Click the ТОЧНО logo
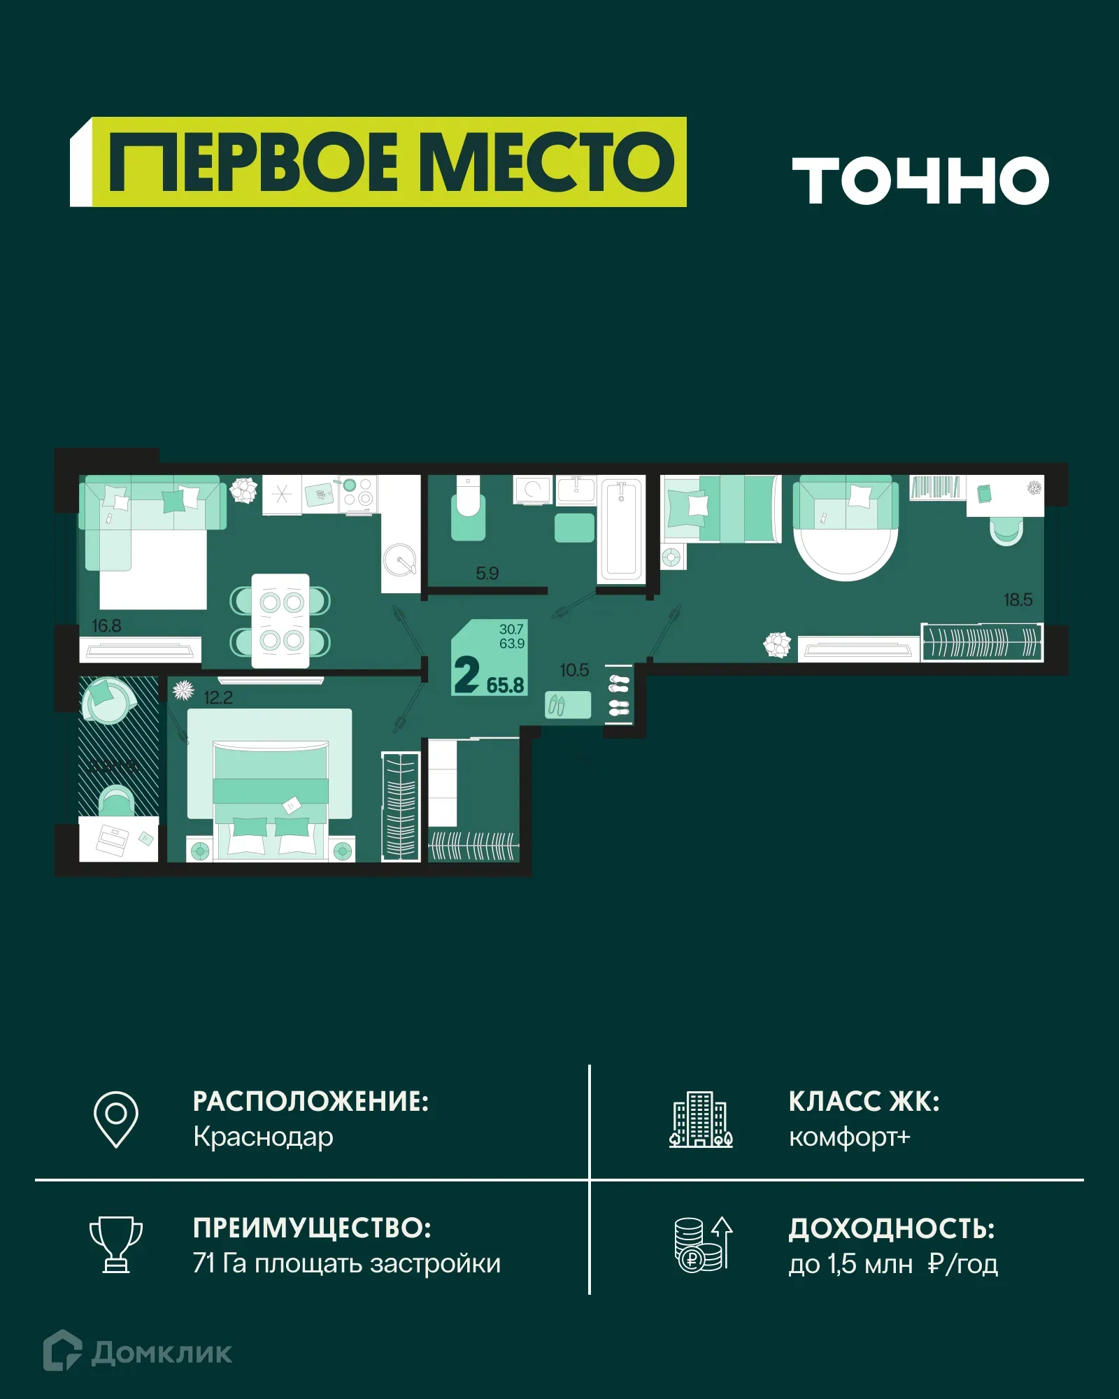point(920,180)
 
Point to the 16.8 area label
point(106,625)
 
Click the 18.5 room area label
point(1018,599)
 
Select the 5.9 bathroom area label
point(487,574)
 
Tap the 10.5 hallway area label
point(574,670)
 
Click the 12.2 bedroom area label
point(218,697)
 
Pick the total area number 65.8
point(505,685)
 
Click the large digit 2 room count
point(466,674)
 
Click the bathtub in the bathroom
point(621,529)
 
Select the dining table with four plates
point(280,620)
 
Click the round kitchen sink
point(400,560)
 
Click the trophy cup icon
point(116,1244)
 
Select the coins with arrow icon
point(702,1244)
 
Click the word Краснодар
point(263,1137)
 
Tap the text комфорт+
point(849,1137)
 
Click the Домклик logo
point(138,1352)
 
